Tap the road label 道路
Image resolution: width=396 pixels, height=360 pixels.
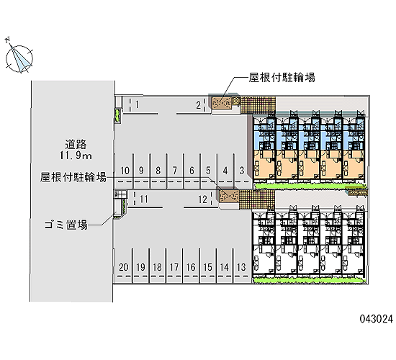pyautogui.click(x=76, y=144)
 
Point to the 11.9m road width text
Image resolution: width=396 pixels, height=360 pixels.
pyautogui.click(x=76, y=156)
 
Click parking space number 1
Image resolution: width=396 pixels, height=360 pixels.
pyautogui.click(x=137, y=104)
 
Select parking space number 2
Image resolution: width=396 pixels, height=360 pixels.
pyautogui.click(x=199, y=105)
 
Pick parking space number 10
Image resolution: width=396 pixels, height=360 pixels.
pyautogui.click(x=125, y=171)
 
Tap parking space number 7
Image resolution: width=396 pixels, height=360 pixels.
pyautogui.click(x=175, y=171)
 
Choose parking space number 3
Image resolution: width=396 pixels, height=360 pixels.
pyautogui.click(x=242, y=171)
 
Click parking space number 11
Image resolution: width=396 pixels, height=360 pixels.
pyautogui.click(x=144, y=199)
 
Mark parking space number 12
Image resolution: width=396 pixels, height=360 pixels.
pyautogui.click(x=202, y=199)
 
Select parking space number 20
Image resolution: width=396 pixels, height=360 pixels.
pyautogui.click(x=124, y=267)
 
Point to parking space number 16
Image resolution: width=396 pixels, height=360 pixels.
pyautogui.click(x=191, y=267)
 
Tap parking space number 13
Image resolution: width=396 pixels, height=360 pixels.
pyautogui.click(x=241, y=267)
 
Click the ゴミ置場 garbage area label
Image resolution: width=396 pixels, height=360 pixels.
pyautogui.click(x=66, y=225)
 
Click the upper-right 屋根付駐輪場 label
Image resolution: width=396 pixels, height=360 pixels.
pyautogui.click(x=282, y=77)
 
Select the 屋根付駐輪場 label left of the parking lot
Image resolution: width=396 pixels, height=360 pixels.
pyautogui.click(x=73, y=177)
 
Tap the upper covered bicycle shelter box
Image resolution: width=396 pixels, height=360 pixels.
pyautogui.click(x=222, y=102)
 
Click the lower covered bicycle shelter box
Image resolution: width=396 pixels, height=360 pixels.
pyautogui.click(x=229, y=197)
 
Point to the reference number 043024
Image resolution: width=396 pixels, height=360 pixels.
pyautogui.click(x=377, y=319)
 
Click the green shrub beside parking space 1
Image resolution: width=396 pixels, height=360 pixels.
pyautogui.click(x=117, y=115)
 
